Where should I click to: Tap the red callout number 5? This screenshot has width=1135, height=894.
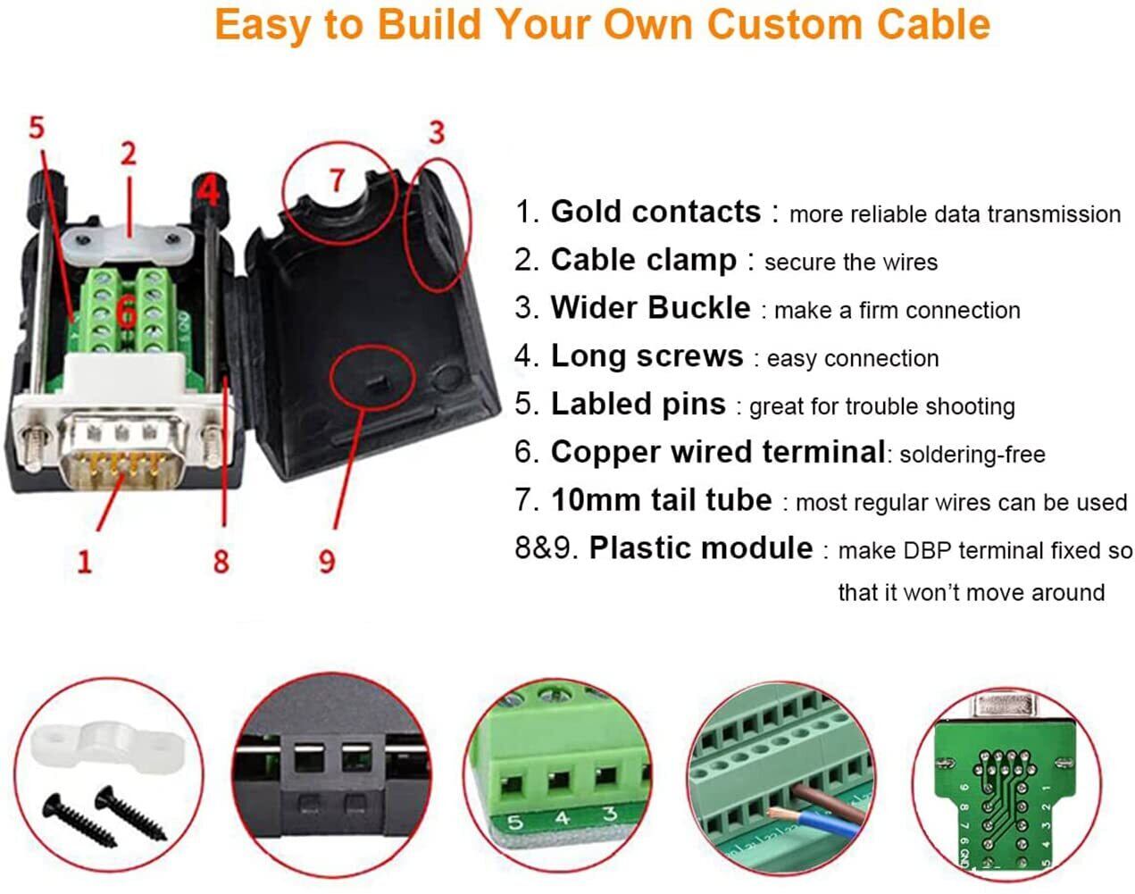click(37, 128)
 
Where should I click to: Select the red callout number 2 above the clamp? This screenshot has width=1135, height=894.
click(129, 154)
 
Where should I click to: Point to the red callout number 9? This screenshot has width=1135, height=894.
click(327, 561)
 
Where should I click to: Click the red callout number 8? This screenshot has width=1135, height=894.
click(221, 561)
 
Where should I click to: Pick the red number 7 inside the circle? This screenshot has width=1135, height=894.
click(338, 180)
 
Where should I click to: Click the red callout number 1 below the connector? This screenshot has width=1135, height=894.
click(85, 561)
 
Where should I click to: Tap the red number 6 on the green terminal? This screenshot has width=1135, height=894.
click(127, 313)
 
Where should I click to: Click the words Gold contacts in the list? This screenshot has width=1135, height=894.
click(655, 212)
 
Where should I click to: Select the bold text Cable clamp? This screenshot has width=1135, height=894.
click(644, 260)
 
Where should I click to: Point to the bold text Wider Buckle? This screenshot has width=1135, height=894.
click(650, 307)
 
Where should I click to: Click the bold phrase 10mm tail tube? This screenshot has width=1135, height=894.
click(662, 500)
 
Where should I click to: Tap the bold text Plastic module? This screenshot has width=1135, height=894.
click(701, 548)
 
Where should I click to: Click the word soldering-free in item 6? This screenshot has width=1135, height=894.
click(972, 455)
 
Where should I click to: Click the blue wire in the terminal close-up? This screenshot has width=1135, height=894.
click(820, 825)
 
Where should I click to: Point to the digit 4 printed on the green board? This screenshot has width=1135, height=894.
click(562, 818)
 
